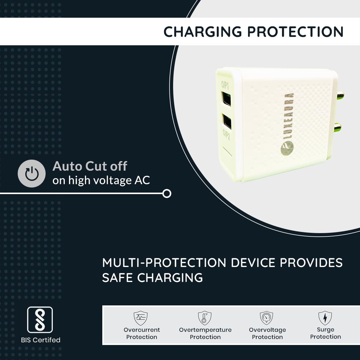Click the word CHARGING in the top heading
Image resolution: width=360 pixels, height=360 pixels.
click(x=202, y=32)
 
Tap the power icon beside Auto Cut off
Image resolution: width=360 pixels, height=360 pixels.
click(x=31, y=174)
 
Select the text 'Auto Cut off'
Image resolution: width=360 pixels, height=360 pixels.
click(x=90, y=166)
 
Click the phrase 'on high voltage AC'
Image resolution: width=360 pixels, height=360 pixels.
click(x=101, y=180)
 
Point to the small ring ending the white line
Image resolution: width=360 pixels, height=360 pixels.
click(x=167, y=193)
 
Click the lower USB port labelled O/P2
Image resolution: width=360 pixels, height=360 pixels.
click(x=227, y=121)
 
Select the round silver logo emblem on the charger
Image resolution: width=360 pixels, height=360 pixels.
click(x=287, y=148)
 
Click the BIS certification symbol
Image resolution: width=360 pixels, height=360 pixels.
click(x=40, y=320)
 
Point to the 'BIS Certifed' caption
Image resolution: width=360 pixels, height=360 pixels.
click(x=40, y=340)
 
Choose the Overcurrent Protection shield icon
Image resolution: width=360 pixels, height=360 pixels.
click(x=140, y=318)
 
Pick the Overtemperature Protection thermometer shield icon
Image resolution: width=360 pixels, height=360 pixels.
click(x=205, y=318)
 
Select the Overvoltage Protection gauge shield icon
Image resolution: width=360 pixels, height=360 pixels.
click(x=266, y=318)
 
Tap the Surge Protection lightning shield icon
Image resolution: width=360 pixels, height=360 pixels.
click(x=325, y=318)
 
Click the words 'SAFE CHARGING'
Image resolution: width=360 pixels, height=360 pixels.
click(x=152, y=278)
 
